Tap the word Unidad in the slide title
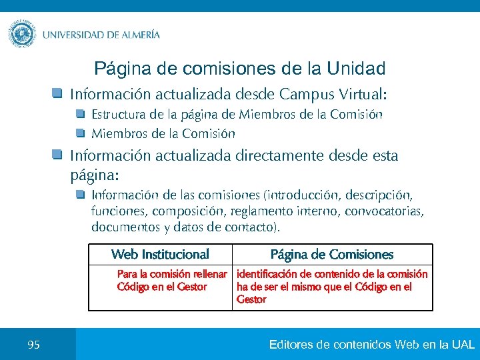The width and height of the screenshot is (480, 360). [357, 69]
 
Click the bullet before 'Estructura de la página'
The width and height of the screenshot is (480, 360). [81, 114]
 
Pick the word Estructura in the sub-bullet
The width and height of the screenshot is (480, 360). [116, 115]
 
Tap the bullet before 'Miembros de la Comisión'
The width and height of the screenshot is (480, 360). [81, 133]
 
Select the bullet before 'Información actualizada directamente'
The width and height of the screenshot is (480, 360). [58, 155]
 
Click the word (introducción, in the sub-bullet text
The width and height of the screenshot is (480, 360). [303, 195]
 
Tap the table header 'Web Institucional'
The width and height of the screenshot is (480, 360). [160, 254]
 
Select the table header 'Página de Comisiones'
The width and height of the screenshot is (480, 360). [332, 255]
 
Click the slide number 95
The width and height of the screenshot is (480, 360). [34, 345]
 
